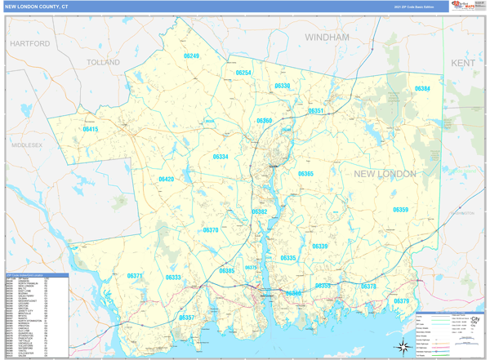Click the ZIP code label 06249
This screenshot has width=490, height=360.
tap(191, 56)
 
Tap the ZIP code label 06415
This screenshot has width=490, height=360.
tap(90, 129)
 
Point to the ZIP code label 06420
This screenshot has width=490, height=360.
tap(166, 179)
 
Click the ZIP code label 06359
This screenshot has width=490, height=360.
tap(400, 210)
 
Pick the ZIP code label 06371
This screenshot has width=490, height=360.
tap(135, 276)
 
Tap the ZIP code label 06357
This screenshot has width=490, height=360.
tap(187, 317)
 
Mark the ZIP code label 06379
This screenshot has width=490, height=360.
tap(401, 301)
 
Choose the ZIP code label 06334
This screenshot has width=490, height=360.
tap(220, 157)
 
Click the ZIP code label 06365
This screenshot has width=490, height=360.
tap(305, 174)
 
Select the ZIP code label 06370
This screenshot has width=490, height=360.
tap(211, 230)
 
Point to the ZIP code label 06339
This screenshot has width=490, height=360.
tap(319, 246)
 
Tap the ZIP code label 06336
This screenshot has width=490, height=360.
tap(282, 86)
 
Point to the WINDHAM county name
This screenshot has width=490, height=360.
tap(327, 38)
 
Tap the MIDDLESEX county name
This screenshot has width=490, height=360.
tap(26, 144)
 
